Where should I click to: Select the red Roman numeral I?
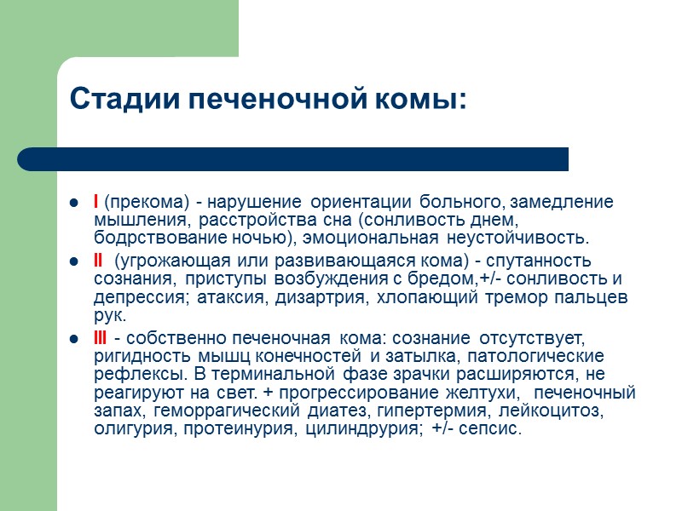coord(95,202)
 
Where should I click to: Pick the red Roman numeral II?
coord(98,261)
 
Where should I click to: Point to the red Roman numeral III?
coord(101,336)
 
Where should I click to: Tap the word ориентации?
coord(362,203)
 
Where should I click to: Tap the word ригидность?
coord(133,355)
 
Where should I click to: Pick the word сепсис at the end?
coord(492,429)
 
